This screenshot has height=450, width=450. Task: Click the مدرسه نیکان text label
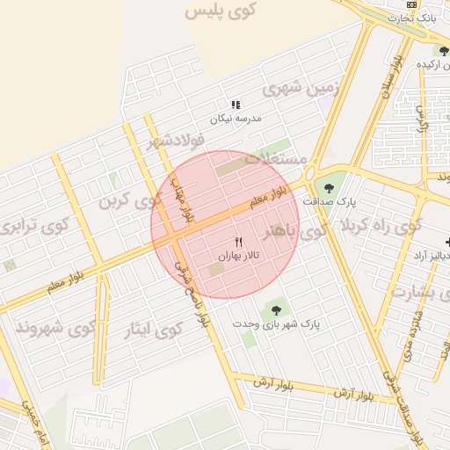(235, 118)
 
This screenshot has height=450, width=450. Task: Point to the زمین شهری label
(293, 88)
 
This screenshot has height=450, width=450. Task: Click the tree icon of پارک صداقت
(329, 187)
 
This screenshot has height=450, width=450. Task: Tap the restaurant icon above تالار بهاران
(238, 242)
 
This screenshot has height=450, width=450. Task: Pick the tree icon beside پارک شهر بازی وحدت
(277, 309)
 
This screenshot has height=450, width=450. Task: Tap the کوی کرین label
(130, 200)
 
